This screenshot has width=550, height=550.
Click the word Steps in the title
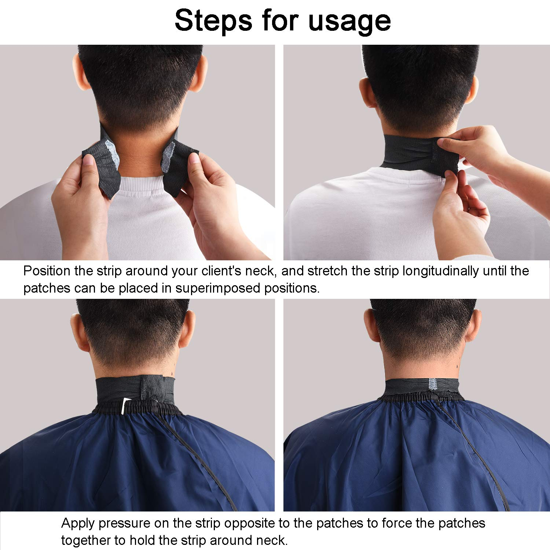pos(213,21)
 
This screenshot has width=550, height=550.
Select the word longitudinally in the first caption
pos(441,271)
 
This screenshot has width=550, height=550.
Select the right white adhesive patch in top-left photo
pos(168,157)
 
